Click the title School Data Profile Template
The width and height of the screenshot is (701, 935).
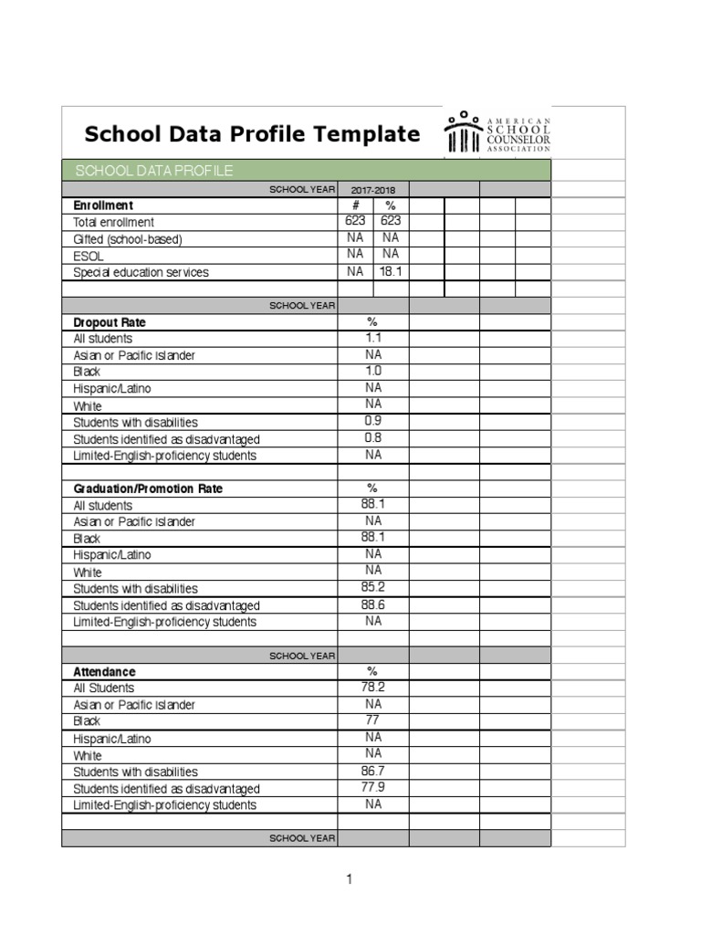[252, 134]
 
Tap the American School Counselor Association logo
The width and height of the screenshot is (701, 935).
[497, 133]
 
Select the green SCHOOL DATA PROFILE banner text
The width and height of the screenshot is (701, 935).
[153, 171]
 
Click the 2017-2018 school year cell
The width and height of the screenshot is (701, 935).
[373, 189]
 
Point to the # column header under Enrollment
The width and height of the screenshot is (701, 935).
[355, 205]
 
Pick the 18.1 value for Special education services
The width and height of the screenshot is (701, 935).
[391, 271]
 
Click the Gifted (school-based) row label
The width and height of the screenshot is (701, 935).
[128, 239]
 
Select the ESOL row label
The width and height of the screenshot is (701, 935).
[89, 257]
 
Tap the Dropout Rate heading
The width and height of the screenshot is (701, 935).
[109, 322]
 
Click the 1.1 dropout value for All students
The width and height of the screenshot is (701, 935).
[373, 338]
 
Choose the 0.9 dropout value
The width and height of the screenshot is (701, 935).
[373, 421]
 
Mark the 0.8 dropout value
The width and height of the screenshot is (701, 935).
[373, 437]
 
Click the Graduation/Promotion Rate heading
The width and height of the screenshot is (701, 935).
[147, 489]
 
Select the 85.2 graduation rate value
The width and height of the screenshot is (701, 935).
[373, 587]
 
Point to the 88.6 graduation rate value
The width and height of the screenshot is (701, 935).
[373, 604]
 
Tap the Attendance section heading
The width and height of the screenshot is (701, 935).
[104, 671]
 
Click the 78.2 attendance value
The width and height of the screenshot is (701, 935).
[373, 687]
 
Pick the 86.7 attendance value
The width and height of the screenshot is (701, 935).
[373, 771]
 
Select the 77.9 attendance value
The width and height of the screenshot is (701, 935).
[373, 787]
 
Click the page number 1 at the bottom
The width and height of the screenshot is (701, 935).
[349, 879]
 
